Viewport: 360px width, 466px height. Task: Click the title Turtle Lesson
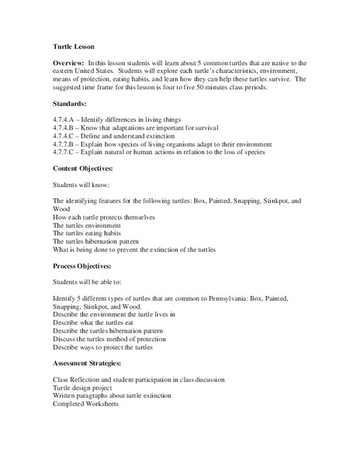75,46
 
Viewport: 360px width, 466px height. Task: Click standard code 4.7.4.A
65,117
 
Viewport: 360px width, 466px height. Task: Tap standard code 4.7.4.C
65,135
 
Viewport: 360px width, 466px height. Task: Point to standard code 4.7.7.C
65,153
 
